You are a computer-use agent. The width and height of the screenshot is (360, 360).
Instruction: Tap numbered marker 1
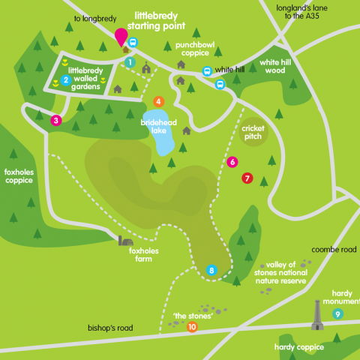click(x=130, y=62)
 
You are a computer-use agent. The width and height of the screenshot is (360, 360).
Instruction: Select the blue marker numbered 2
click(x=66, y=79)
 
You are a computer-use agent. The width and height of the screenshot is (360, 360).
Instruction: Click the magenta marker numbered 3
click(x=55, y=120)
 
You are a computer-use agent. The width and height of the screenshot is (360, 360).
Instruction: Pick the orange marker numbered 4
click(x=158, y=101)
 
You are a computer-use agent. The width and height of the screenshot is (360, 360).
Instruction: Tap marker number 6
click(x=232, y=161)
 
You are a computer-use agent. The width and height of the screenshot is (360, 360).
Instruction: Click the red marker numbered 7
click(x=247, y=178)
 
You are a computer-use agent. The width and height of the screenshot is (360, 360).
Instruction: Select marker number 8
click(x=211, y=270)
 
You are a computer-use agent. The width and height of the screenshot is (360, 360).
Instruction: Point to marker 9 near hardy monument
click(x=337, y=313)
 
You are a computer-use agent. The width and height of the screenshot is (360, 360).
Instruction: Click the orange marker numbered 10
click(x=192, y=327)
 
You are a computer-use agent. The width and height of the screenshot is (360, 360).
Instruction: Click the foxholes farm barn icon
click(x=126, y=241)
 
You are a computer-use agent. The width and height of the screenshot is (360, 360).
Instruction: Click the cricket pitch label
click(x=253, y=133)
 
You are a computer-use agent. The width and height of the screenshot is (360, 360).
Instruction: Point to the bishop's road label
click(x=110, y=328)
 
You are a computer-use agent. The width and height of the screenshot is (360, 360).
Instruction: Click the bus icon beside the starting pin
click(x=133, y=43)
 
